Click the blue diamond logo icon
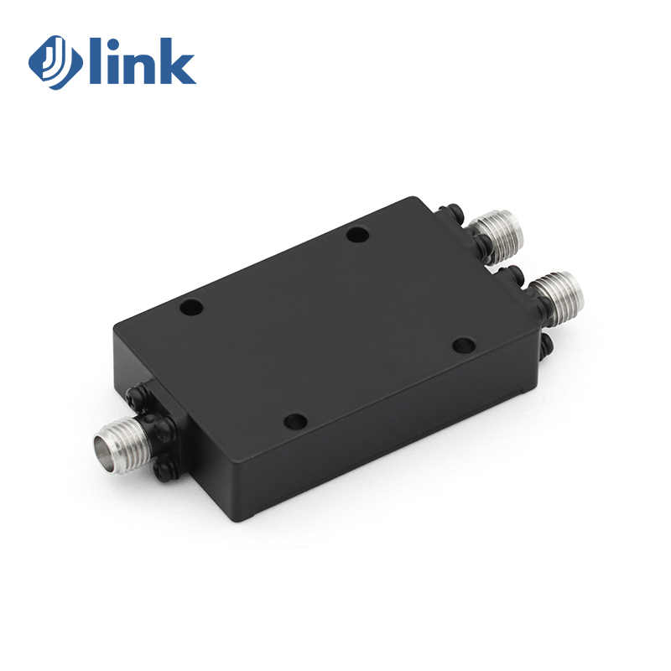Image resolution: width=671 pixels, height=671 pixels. click(x=55, y=62)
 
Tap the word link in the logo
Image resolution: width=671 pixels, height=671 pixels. click(x=143, y=61)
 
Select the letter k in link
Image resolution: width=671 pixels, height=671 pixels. click(x=176, y=61)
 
